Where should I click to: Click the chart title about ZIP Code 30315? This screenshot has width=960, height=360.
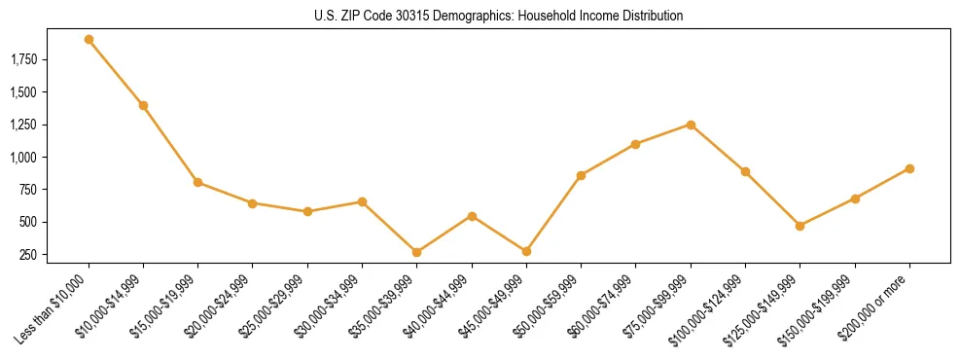pos(480,16)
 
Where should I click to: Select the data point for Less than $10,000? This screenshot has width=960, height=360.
pos(89,40)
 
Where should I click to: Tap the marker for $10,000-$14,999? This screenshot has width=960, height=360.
pos(143,105)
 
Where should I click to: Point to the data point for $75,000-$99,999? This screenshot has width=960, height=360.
pos(691,125)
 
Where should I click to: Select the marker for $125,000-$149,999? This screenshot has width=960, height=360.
pos(800,226)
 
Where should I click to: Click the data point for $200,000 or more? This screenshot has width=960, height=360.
pos(909,168)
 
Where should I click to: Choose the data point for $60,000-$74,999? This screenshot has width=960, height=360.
pos(636,144)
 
